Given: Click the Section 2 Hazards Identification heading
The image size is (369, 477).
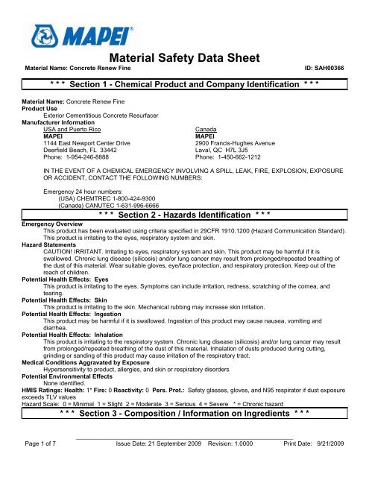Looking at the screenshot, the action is [x=184, y=222].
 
